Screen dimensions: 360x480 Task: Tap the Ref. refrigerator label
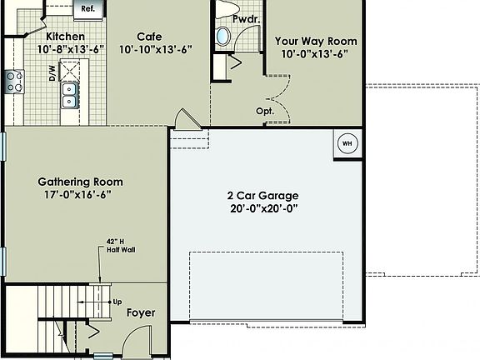(87, 8)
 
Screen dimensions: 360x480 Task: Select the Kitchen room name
(65, 36)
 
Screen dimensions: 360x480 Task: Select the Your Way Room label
(316, 41)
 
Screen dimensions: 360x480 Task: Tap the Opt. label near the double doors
(265, 111)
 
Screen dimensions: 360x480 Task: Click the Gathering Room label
(80, 182)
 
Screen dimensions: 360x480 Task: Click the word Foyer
(141, 313)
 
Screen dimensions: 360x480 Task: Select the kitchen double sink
(70, 94)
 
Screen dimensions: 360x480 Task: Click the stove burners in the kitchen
(14, 81)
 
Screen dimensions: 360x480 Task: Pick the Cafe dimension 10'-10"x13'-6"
(155, 49)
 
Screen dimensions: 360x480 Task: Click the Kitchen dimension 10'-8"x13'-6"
(71, 49)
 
